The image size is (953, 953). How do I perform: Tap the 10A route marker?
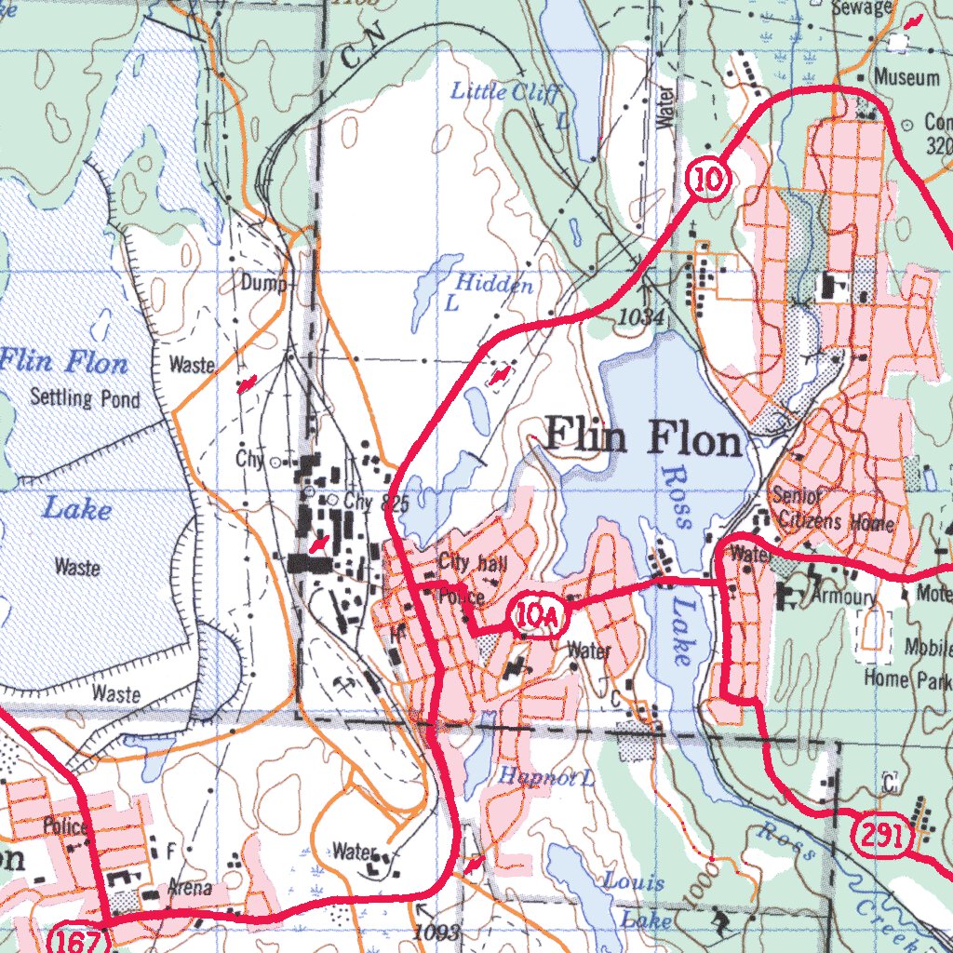(532, 617)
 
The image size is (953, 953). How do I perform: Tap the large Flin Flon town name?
(644, 438)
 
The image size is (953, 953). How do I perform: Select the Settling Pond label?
(85, 398)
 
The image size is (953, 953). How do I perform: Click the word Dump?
(263, 282)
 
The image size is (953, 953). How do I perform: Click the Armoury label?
(844, 596)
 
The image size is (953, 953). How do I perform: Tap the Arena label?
(189, 889)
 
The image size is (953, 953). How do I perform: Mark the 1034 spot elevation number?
(641, 318)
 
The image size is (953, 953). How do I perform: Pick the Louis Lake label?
(638, 899)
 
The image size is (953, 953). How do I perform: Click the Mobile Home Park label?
(907, 662)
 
